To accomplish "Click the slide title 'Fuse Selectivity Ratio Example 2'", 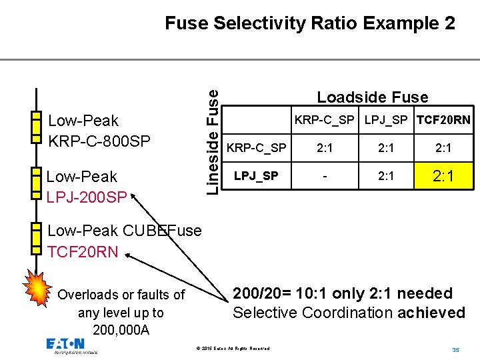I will pos(310,24).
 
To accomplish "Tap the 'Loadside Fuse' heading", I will pos(372,97).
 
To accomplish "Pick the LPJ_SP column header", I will pos(387,121).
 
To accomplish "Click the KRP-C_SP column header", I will pos(325,121).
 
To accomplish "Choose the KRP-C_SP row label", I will pos(257,147).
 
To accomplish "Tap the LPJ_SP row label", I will pos(257,176).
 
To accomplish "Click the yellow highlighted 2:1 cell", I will pos(443,177).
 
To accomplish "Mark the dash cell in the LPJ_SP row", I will pos(325,177).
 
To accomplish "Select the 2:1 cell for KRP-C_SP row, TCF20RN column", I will pos(443,147).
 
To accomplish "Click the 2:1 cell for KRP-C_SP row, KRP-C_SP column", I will pos(325,147).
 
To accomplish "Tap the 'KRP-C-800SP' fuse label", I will pos(99,141).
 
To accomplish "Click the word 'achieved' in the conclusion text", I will pos(431,312).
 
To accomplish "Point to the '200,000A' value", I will pos(121,330).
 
